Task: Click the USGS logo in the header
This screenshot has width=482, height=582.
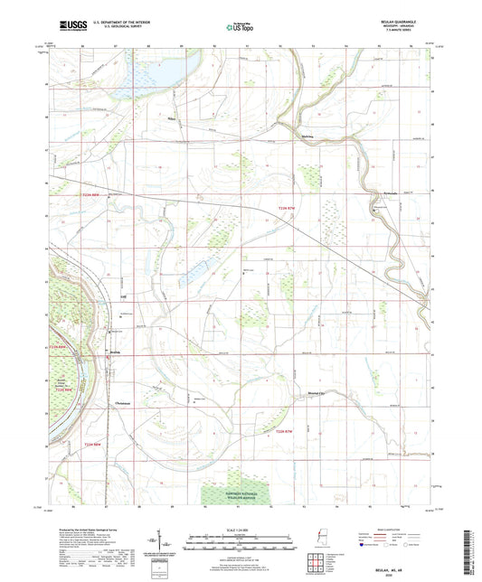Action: (73, 26)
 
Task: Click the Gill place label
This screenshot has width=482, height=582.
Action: (124, 296)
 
